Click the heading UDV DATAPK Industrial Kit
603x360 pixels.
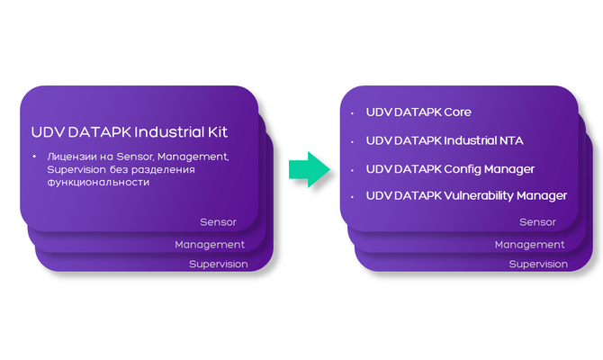(x=130, y=131)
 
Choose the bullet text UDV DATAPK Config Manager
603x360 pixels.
(x=450, y=168)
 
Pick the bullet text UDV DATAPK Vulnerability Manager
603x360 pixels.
(x=466, y=195)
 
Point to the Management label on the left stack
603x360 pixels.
(x=210, y=244)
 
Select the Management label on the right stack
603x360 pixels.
(x=530, y=244)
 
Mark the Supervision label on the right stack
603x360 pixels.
(x=538, y=264)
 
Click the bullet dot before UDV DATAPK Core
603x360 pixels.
(x=352, y=113)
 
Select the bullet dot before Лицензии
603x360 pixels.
(x=34, y=157)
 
